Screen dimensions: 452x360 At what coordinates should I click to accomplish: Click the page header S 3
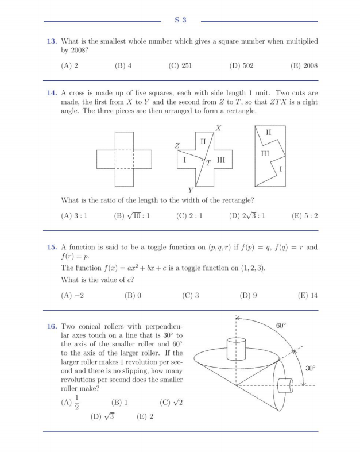[x=180, y=21]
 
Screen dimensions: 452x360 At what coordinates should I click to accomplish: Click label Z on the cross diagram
[x=177, y=147]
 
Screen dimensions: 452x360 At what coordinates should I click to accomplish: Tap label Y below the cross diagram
[x=191, y=190]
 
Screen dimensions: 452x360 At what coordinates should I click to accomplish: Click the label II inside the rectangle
[x=269, y=133]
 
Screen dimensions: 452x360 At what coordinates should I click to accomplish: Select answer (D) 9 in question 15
[x=248, y=296]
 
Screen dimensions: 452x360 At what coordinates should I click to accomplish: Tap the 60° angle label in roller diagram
[x=281, y=326]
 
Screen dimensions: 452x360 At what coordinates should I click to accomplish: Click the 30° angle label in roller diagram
[x=310, y=368]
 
